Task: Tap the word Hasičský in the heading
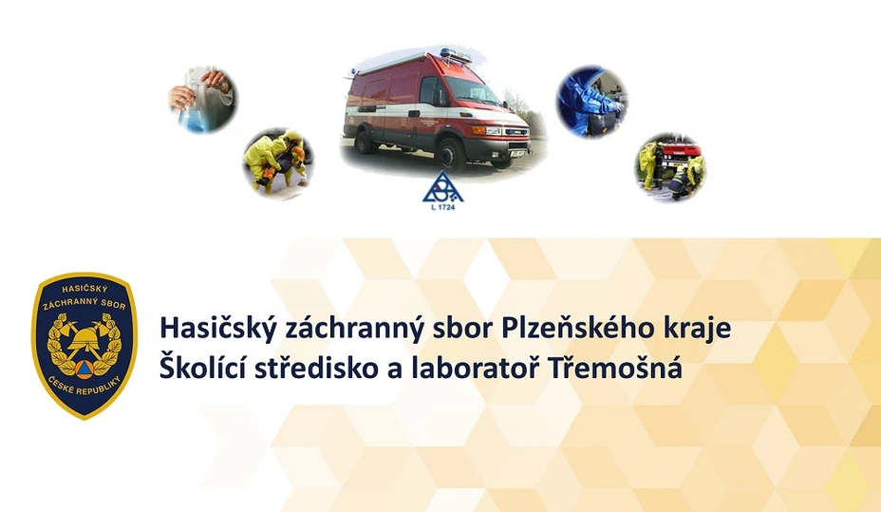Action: pos(218,329)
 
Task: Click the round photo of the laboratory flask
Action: pos(204,100)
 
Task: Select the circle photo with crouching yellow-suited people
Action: pos(278,163)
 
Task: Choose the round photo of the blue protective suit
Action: pos(591,101)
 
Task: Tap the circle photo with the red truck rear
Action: pos(670,167)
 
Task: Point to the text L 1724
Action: pos(442,207)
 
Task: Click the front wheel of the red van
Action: pos(451,154)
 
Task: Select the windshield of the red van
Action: pos(473,90)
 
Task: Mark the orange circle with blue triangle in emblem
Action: pos(84,369)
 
